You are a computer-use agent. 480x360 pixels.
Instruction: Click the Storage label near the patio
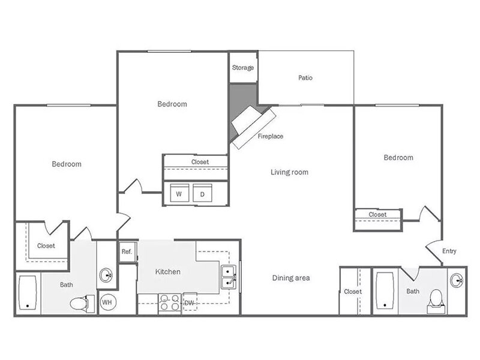(243, 68)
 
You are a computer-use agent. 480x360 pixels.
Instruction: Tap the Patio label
(305, 78)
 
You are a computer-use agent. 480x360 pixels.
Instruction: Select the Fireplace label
(271, 136)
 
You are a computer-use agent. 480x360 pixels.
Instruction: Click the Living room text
(289, 172)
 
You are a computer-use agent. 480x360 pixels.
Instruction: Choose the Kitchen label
(168, 272)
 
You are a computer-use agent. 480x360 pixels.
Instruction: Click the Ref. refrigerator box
(127, 251)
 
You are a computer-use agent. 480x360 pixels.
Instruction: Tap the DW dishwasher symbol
(189, 303)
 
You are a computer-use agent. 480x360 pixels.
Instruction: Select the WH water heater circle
(107, 302)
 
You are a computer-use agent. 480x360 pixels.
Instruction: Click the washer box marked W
(179, 194)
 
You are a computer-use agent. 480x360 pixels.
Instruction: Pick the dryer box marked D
(202, 194)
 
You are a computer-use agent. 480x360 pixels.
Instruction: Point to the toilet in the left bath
(79, 302)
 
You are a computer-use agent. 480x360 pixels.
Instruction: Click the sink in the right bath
(457, 280)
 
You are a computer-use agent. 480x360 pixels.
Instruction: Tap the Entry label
(449, 251)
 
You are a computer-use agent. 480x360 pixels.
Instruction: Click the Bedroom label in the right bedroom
(398, 158)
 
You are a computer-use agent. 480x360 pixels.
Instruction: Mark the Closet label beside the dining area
(353, 292)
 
